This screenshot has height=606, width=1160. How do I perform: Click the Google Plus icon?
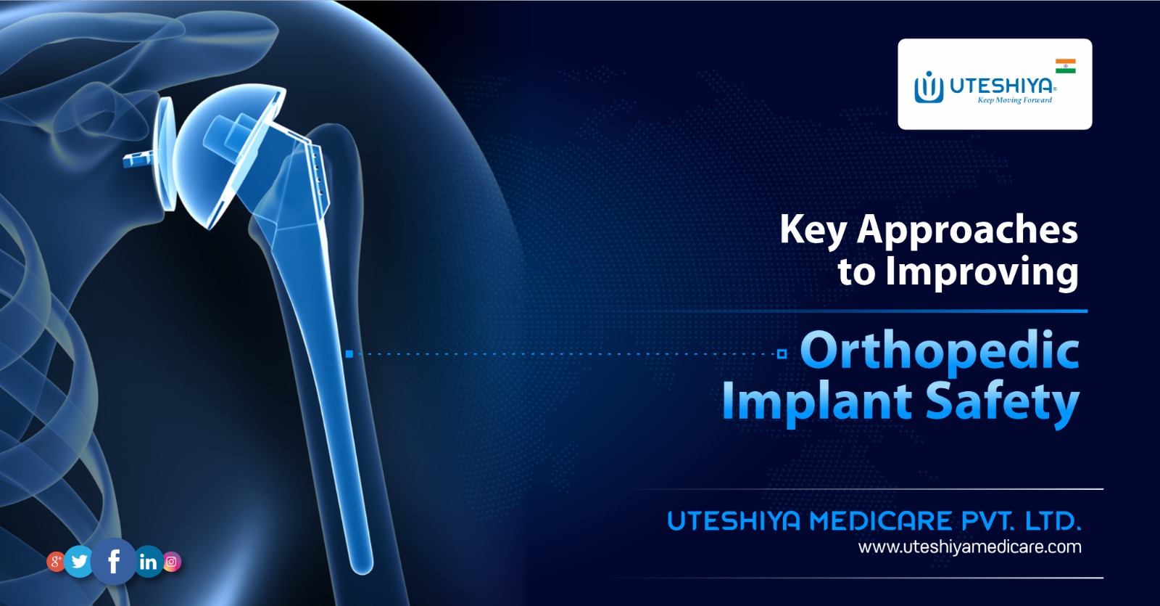coord(56,561)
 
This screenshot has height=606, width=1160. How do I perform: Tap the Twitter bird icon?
coord(80,561)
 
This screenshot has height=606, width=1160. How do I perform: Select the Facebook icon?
coord(114,561)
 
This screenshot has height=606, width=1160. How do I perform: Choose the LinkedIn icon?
coord(148,561)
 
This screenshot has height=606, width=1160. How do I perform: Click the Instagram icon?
coord(172,561)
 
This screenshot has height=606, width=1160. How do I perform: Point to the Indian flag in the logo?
coord(1065,66)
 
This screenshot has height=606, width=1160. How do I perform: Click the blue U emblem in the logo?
coord(928,88)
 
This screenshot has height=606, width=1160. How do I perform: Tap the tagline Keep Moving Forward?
coord(1014,100)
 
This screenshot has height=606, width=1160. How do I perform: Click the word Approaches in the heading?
coord(967,229)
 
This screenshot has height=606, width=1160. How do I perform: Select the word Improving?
coord(982,272)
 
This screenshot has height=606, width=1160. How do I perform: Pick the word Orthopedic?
coord(940,351)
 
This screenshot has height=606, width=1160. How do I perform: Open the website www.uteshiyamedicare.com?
coord(969,546)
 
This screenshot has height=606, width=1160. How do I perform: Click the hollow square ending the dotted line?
coord(782,354)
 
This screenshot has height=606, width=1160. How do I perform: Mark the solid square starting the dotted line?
coord(349,354)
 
